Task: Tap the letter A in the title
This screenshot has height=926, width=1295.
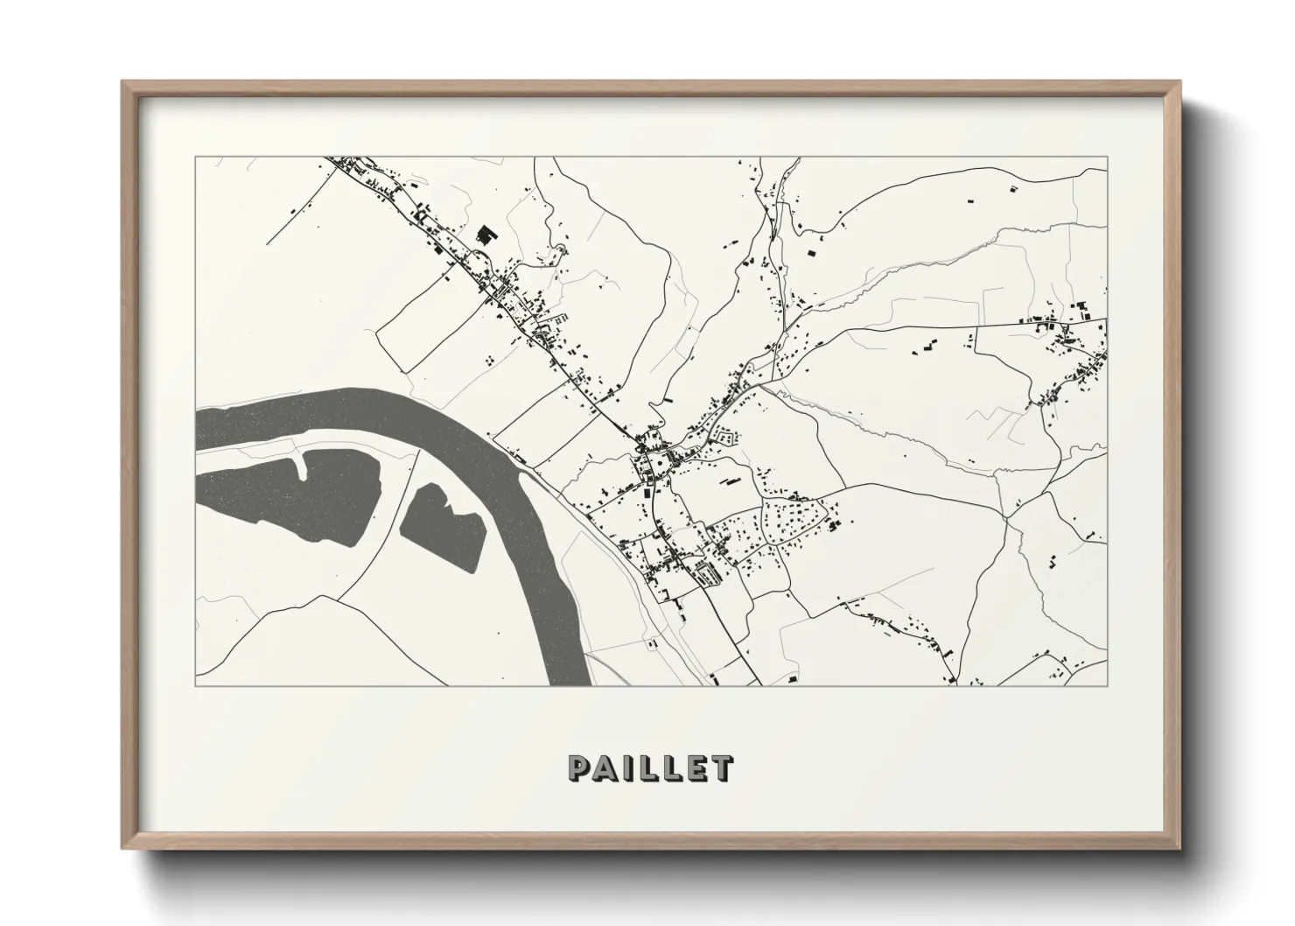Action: (x=605, y=768)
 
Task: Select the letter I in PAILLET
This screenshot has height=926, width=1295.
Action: (x=625, y=768)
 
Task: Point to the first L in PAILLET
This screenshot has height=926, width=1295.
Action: (x=646, y=768)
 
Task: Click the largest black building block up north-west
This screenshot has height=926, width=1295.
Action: (x=484, y=235)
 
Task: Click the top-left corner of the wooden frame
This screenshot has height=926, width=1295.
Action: (x=122, y=81)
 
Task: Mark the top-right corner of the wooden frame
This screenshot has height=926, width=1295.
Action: (x=1181, y=81)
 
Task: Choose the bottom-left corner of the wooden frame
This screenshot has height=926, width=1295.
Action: (x=122, y=849)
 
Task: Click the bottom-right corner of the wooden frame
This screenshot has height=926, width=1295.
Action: (x=1181, y=849)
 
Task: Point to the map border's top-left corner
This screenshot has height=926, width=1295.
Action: (x=196, y=158)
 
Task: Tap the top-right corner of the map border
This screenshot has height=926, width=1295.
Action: (x=1108, y=158)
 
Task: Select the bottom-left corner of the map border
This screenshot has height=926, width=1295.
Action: (x=196, y=685)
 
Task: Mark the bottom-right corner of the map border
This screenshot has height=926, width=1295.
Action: (x=1108, y=685)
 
